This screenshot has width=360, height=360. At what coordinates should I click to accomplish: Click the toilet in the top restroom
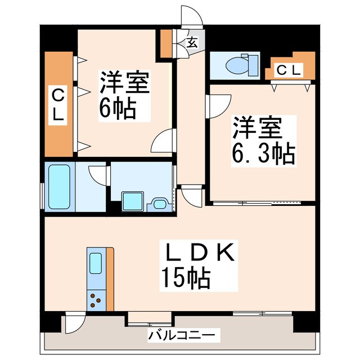pyautogui.click(x=235, y=65)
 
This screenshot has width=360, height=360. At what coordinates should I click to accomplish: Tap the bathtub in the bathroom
pyautogui.click(x=57, y=187)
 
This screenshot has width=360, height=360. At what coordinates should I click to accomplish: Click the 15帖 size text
pyautogui.click(x=186, y=278)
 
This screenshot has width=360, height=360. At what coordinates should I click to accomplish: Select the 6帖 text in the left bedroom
pyautogui.click(x=118, y=109)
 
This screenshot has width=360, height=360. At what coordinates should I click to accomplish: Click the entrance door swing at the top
pyautogui.click(x=190, y=17)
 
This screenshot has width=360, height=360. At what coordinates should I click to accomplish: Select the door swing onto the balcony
pyautogui.click(x=74, y=325)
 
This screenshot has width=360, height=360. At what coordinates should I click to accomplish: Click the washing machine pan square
pyautogui.click(x=133, y=200)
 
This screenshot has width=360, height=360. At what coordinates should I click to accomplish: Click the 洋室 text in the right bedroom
pyautogui.click(x=256, y=128)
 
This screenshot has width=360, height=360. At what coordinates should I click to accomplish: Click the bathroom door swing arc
pyautogui.click(x=98, y=174)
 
